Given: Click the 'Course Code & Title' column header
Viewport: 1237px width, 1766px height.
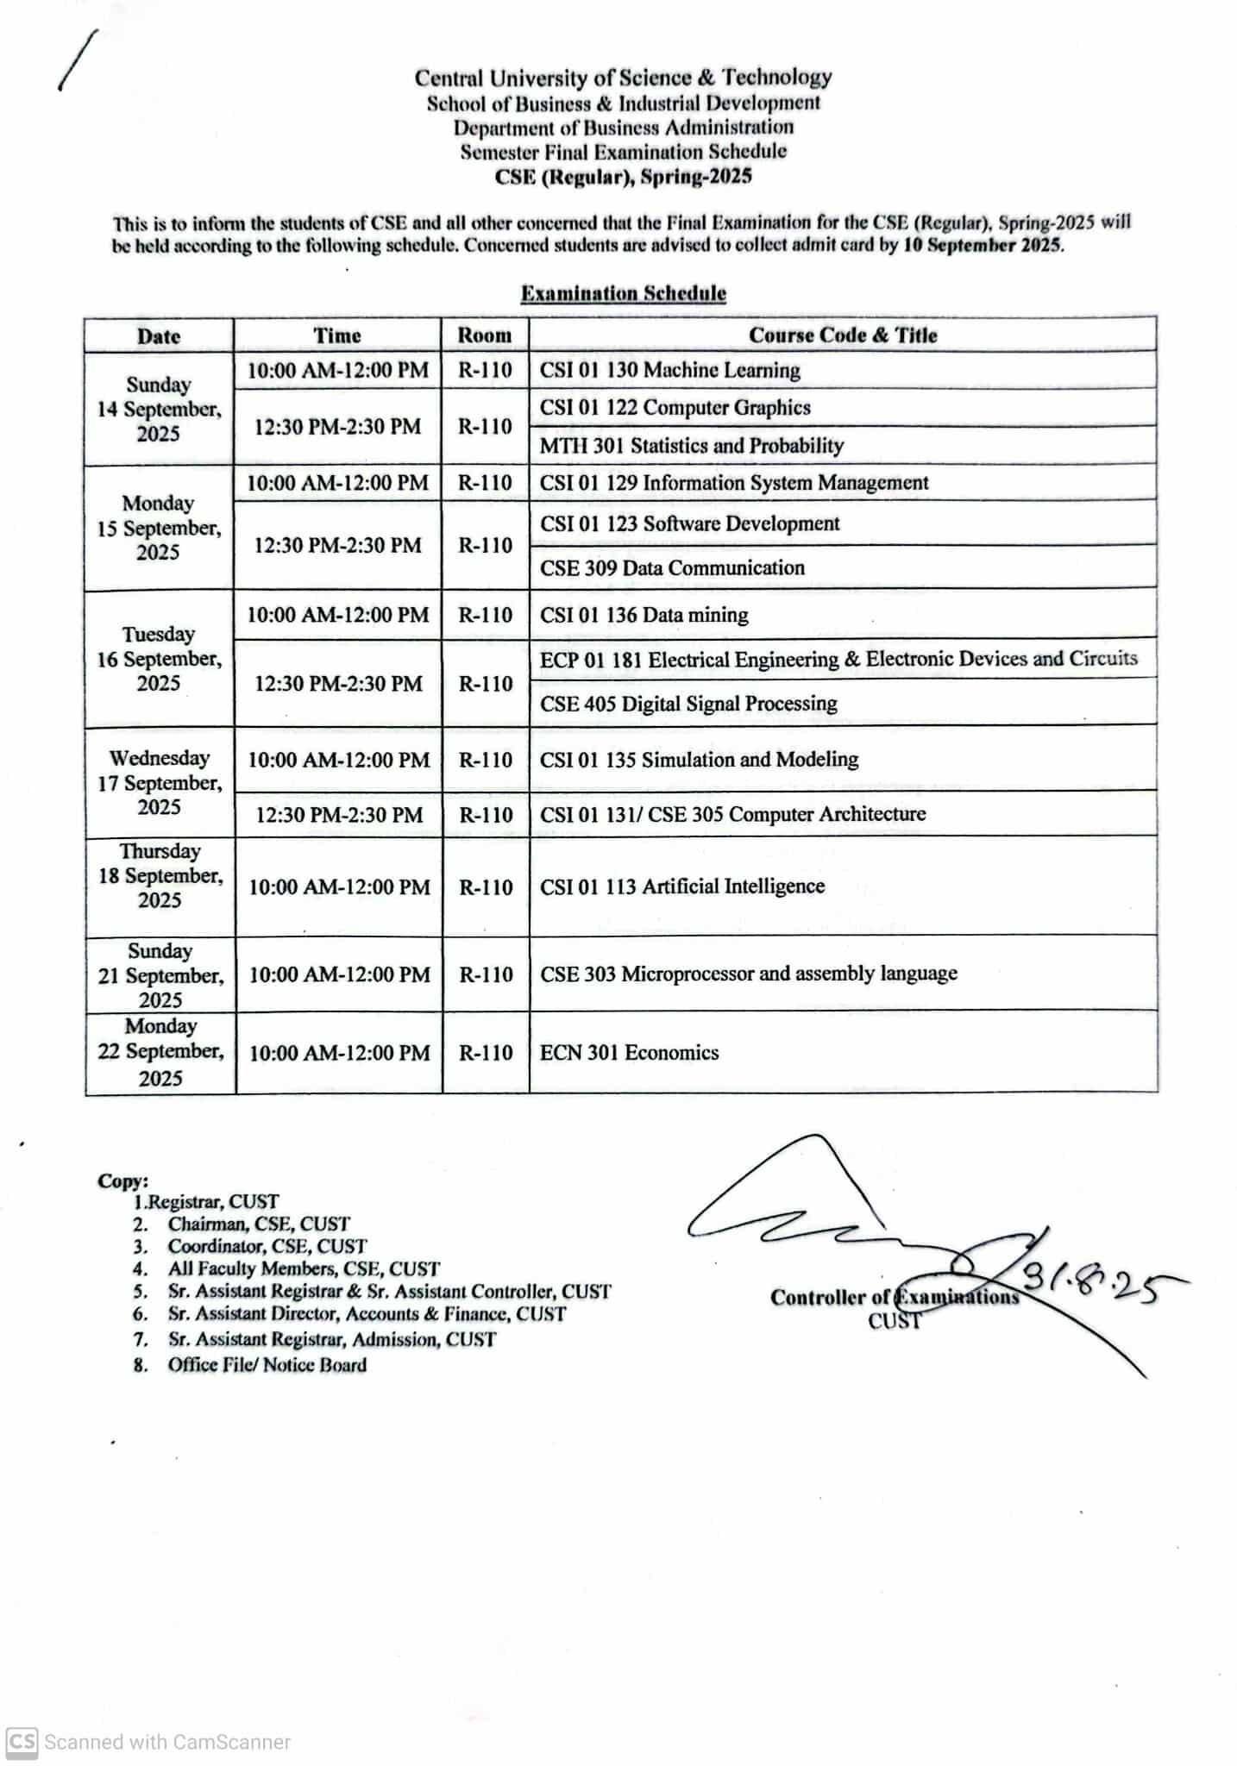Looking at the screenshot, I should pyautogui.click(x=842, y=335).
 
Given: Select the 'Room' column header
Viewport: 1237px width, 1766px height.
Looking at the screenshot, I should pyautogui.click(x=484, y=335).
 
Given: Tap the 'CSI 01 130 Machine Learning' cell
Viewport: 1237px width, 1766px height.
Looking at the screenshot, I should pyautogui.click(x=669, y=371).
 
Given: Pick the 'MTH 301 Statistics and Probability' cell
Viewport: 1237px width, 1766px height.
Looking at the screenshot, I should pyautogui.click(x=691, y=446).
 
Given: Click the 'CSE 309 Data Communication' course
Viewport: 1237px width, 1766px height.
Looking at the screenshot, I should pyautogui.click(x=672, y=568).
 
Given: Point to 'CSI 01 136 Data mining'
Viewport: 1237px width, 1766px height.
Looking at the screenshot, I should pyautogui.click(x=644, y=616).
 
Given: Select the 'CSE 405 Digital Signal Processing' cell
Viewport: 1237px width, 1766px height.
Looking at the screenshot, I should pyautogui.click(x=688, y=704).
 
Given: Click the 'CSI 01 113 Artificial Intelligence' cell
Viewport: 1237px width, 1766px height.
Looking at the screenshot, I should pyautogui.click(x=681, y=886).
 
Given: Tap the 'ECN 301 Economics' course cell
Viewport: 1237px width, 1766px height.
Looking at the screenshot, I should pyautogui.click(x=629, y=1053).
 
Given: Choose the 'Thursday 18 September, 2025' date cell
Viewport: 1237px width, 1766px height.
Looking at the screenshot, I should pyautogui.click(x=160, y=876).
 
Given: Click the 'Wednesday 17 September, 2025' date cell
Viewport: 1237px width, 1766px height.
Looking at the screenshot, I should pyautogui.click(x=160, y=783).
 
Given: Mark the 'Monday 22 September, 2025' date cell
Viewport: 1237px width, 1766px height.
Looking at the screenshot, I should pyautogui.click(x=160, y=1052).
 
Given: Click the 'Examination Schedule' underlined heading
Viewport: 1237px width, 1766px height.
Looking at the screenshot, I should pyautogui.click(x=623, y=293).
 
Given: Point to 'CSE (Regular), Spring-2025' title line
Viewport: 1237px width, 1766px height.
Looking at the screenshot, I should pyautogui.click(x=623, y=177).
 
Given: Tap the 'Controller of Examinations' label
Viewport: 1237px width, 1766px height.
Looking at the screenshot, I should pyautogui.click(x=894, y=1298).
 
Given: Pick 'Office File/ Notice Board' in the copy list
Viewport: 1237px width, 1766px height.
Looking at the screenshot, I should pyautogui.click(x=267, y=1365).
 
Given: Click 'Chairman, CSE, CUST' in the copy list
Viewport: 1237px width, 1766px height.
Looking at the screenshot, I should pyautogui.click(x=259, y=1224).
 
